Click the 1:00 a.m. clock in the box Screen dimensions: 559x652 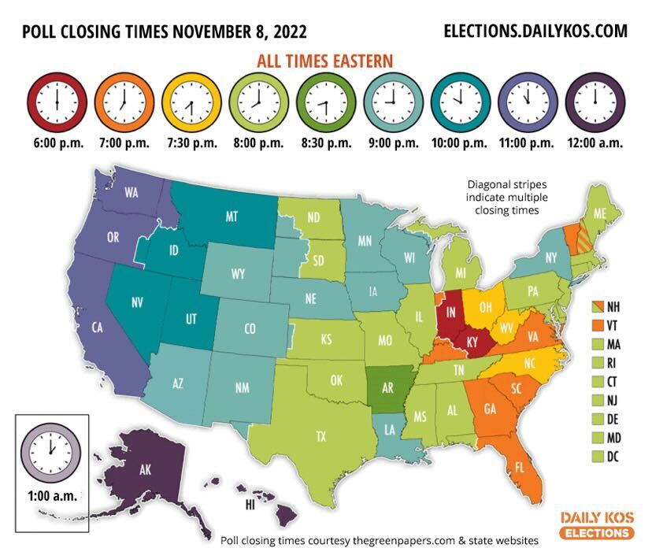tap(51, 451)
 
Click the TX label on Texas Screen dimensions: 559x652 tap(320, 435)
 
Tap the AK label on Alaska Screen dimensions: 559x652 tap(145, 470)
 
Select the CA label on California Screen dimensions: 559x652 tap(98, 327)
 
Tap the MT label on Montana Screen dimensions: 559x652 tap(232, 217)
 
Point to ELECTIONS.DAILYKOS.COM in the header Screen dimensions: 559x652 tap(535, 31)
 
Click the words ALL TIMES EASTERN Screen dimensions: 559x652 tap(324, 61)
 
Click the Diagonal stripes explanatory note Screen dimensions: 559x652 tap(501, 198)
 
